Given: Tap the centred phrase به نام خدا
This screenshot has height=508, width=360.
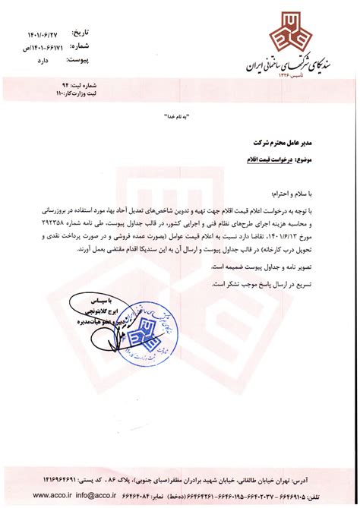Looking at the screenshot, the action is pos(179,121).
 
